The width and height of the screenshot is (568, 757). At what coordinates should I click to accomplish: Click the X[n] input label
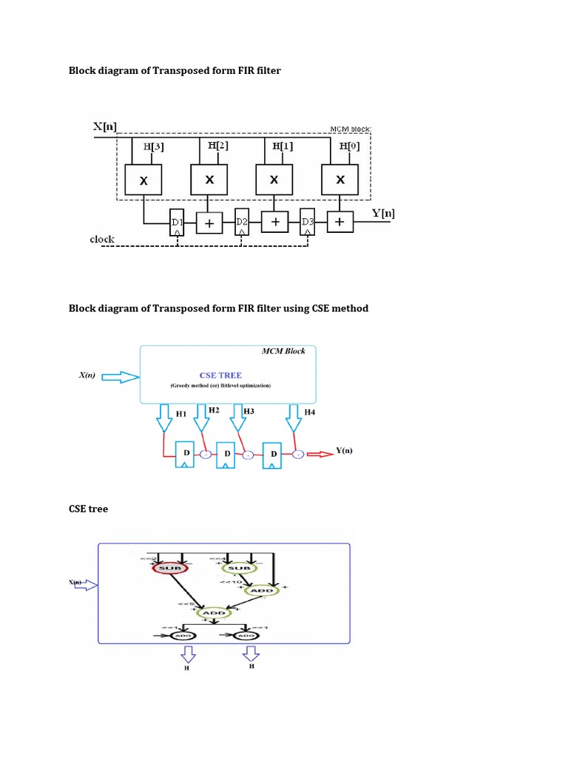[x=105, y=126]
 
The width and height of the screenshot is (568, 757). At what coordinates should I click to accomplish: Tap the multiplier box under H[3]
[x=145, y=180]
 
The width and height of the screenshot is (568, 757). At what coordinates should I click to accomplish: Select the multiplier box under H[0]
[x=340, y=180]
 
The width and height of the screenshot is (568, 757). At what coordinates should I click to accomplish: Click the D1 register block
[x=177, y=222]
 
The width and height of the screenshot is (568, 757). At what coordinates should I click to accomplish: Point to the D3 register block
[x=308, y=222]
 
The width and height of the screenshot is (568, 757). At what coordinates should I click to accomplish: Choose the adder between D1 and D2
[x=209, y=222]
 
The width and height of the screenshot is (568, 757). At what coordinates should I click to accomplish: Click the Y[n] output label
[x=383, y=214]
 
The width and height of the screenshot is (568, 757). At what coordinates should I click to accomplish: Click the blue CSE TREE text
[x=220, y=375]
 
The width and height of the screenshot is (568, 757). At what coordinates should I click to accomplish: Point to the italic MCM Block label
[x=284, y=351]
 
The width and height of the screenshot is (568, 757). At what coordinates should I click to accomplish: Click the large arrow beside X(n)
[x=120, y=378]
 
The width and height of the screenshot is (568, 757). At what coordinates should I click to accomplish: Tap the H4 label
[x=309, y=413]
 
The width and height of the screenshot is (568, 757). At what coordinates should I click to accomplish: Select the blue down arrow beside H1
[x=163, y=422]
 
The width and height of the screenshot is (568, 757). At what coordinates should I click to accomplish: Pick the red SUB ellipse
[x=172, y=568]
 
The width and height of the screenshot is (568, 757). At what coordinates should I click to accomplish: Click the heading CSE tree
[x=88, y=509]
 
